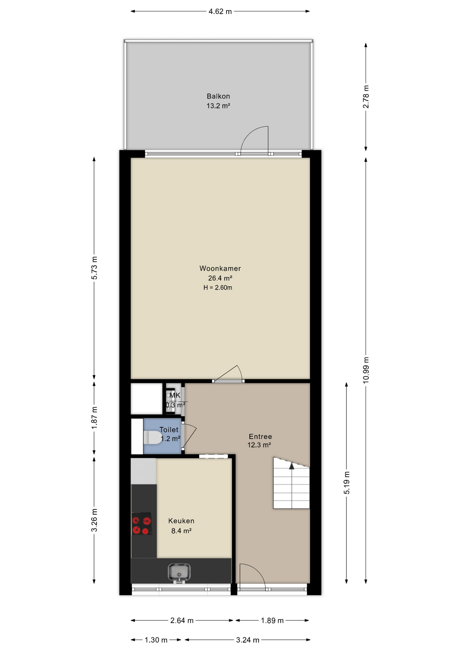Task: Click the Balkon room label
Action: [218, 96]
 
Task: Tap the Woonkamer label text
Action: [220, 269]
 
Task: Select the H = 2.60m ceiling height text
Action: [218, 288]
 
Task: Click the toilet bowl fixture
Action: [153, 437]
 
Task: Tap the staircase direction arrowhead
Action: [292, 466]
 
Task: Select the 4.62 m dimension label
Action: [220, 12]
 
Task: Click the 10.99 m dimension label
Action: [366, 370]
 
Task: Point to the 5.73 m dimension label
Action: [94, 268]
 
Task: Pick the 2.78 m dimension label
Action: [366, 97]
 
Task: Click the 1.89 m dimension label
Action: [272, 620]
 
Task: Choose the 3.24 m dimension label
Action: [248, 640]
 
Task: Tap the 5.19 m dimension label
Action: [347, 482]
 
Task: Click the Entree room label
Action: [260, 437]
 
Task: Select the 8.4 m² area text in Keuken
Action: [181, 531]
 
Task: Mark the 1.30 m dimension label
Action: [156, 640]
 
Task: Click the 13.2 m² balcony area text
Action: [218, 106]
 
